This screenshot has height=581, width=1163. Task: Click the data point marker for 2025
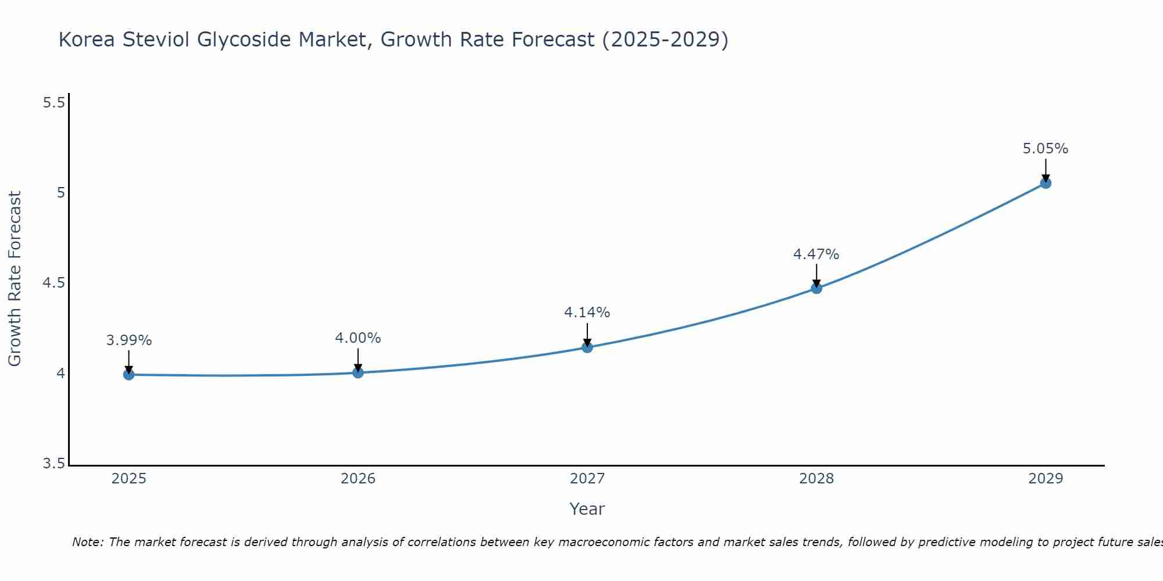point(129,375)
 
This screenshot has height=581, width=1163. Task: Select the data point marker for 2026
point(358,372)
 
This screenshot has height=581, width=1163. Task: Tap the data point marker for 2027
point(587,347)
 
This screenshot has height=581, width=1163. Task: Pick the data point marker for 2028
point(816,288)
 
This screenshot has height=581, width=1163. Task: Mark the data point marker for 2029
point(1046,183)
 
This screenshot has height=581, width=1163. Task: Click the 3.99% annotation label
point(129,340)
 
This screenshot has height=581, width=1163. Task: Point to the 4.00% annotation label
point(358,338)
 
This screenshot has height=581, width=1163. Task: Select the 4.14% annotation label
point(587,313)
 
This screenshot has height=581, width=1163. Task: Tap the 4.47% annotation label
point(816,254)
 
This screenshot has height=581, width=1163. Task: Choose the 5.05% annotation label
point(1046,149)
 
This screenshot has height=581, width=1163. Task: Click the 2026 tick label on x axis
point(358,479)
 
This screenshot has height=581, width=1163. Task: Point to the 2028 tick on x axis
point(816,479)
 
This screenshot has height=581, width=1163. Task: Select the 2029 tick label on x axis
point(1046,479)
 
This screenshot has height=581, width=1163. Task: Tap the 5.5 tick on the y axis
point(53,103)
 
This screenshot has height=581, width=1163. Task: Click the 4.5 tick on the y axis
point(53,283)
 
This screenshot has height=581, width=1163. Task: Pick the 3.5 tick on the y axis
point(53,464)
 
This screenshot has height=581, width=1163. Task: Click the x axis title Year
point(587,509)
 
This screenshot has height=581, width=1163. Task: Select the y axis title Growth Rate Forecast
point(15,279)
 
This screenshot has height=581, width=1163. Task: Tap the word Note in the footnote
point(87,542)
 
